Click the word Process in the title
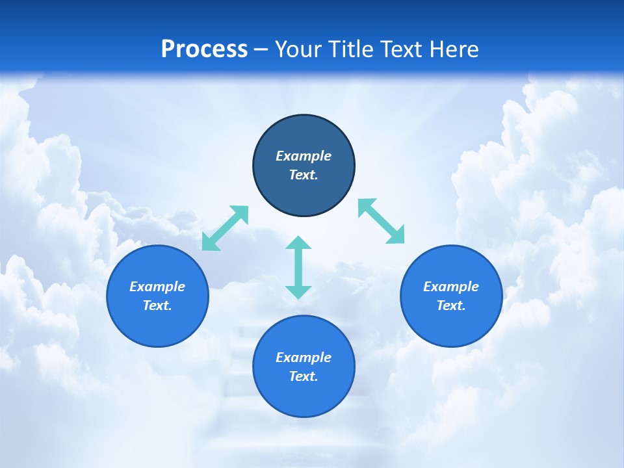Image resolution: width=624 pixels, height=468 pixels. coord(204,49)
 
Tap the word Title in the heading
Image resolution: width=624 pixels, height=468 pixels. coord(352,49)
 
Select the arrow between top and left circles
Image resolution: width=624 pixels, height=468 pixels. coord(225,227)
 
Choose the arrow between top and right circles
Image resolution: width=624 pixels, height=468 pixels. coord(382,221)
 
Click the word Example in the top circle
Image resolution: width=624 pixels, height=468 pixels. coord(304,156)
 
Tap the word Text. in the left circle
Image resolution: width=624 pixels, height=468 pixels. coord(157,305)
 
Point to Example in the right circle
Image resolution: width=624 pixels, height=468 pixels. coord(451,287)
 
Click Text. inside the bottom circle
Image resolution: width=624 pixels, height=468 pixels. coord(304,376)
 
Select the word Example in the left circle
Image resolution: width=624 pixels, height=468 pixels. coord(157,287)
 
